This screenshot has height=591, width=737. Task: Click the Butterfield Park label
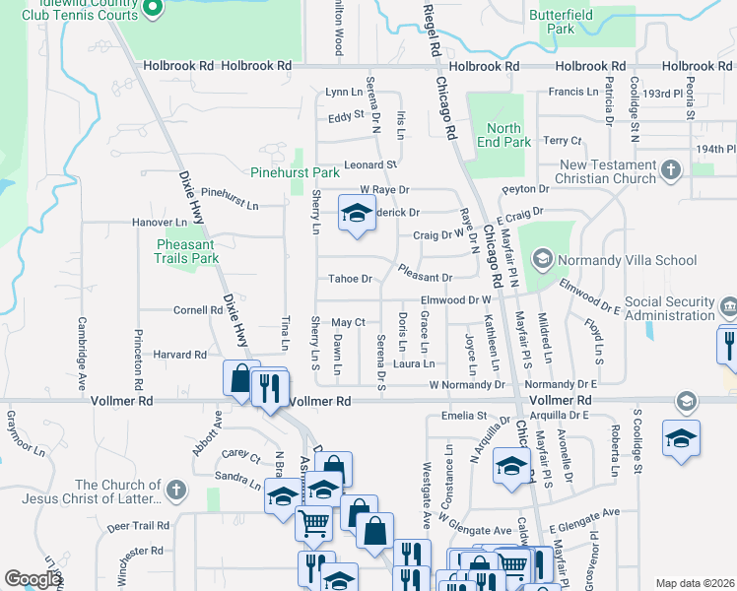click(x=551, y=22)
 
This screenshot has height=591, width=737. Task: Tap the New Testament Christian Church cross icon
click(x=671, y=169)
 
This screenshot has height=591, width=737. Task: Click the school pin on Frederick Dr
click(x=357, y=214)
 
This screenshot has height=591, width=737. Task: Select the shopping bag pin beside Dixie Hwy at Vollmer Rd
click(x=240, y=379)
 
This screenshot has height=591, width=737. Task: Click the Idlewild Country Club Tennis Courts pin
click(x=153, y=9)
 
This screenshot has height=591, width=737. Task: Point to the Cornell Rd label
click(x=198, y=309)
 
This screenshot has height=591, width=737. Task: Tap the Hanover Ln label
click(x=160, y=224)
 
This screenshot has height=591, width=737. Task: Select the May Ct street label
click(x=348, y=323)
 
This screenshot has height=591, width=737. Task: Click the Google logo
click(x=33, y=579)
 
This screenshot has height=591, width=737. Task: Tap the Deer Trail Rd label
click(x=139, y=526)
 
